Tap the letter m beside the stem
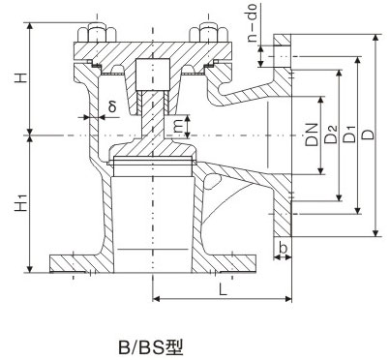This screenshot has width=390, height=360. click(177, 125)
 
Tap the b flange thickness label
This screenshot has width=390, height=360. click(282, 250)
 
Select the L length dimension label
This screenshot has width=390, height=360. click(223, 288)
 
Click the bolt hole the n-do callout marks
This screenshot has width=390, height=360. click(282, 57)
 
